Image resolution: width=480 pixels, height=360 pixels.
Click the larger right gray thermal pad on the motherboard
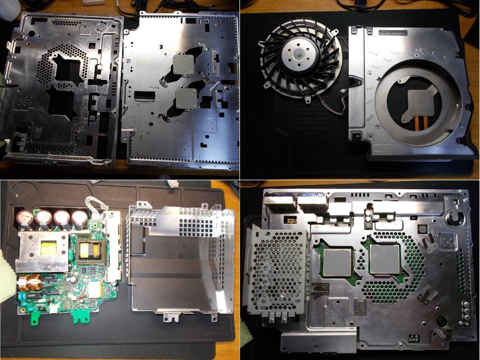pyautogui.click(x=385, y=259)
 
